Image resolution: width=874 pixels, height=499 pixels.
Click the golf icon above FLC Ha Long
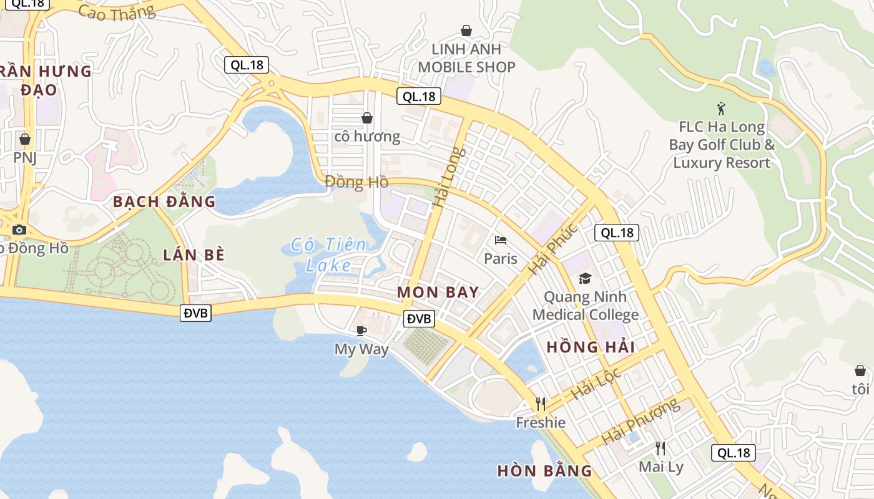pyautogui.click(x=722, y=109)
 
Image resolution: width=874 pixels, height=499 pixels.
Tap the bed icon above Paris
pyautogui.click(x=500, y=240)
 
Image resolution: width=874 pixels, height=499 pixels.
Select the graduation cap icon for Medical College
pyautogui.click(x=585, y=278)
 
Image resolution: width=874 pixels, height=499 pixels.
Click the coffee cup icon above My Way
pyautogui.click(x=361, y=331)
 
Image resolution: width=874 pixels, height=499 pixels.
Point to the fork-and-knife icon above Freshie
pyautogui.click(x=541, y=404)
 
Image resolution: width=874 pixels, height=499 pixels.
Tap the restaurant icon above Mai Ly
pyautogui.click(x=660, y=448)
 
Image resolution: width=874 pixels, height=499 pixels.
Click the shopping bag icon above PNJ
pyautogui.click(x=25, y=138)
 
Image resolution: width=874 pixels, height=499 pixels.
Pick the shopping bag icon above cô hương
pyautogui.click(x=367, y=117)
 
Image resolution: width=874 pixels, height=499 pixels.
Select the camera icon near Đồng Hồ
pyautogui.click(x=19, y=230)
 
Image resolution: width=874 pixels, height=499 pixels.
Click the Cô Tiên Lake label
pyautogui.click(x=329, y=254)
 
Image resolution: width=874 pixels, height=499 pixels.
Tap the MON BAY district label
pyautogui.click(x=438, y=292)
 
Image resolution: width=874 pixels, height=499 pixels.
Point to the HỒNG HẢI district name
pyautogui.click(x=591, y=347)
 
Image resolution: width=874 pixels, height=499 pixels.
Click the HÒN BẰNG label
pyautogui.click(x=544, y=471)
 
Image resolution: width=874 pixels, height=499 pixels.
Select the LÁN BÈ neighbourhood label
pyautogui.click(x=194, y=254)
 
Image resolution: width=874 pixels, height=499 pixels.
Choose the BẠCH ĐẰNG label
pyautogui.click(x=164, y=201)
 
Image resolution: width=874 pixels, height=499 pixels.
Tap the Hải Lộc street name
pyautogui.click(x=596, y=383)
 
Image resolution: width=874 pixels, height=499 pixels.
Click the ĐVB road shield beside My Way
pyautogui.click(x=419, y=319)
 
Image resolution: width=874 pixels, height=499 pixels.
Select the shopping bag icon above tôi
pyautogui.click(x=860, y=371)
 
